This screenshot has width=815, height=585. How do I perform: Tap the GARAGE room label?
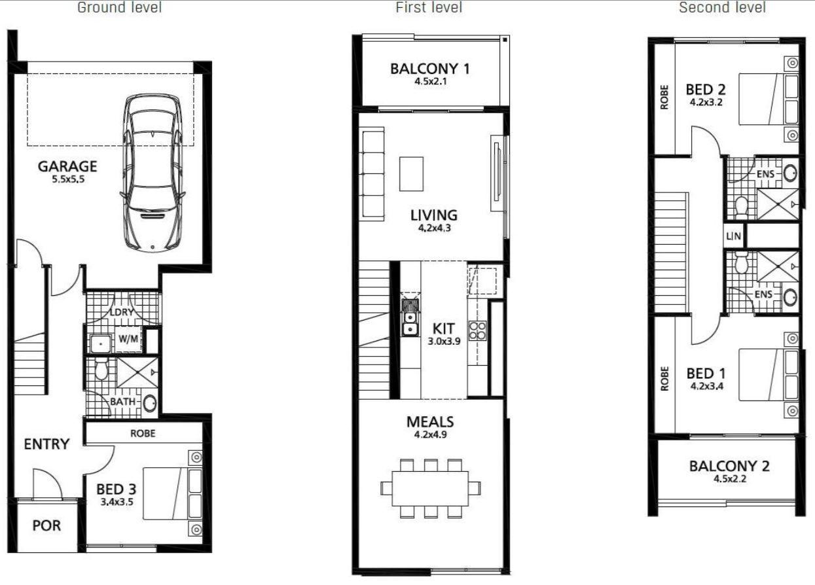coord(67,166)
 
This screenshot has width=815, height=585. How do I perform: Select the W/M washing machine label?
coord(127,339)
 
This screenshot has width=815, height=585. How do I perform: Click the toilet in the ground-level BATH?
coord(101,371)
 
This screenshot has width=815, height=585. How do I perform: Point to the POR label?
coord(46,526)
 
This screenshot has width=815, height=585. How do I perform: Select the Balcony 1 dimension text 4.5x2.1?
coord(429,82)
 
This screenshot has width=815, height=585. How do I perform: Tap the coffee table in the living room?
coord(411,173)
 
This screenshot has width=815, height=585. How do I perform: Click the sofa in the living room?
coord(373,173)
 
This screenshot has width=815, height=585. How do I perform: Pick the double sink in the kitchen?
coord(410,317)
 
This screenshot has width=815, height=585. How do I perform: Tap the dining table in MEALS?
coord(431,488)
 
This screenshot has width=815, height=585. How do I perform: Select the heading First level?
coord(429,8)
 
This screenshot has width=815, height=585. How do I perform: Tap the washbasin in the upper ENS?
coord(790,174)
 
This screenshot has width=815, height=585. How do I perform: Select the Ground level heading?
coord(119,8)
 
